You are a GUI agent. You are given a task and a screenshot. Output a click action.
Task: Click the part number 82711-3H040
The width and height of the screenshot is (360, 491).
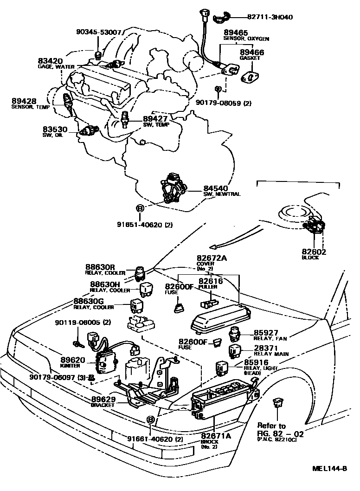pyautogui.click(x=270, y=17)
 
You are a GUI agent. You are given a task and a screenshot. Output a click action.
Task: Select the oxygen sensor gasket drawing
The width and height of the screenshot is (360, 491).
pyautogui.click(x=251, y=75)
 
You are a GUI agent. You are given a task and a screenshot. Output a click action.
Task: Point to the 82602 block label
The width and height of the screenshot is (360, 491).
pyautogui.click(x=314, y=252)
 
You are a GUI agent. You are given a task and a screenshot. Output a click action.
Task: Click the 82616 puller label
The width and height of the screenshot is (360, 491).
pyautogui.click(x=211, y=281)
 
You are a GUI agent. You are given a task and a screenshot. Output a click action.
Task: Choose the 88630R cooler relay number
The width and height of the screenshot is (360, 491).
pyautogui.click(x=100, y=267)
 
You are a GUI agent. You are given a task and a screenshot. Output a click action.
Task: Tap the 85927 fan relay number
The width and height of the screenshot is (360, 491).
pyautogui.click(x=266, y=332)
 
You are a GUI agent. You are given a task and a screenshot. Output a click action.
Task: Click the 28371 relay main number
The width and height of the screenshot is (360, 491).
pyautogui.click(x=266, y=348)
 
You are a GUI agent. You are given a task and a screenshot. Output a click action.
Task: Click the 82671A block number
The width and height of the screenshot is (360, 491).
pyautogui.click(x=215, y=436)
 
